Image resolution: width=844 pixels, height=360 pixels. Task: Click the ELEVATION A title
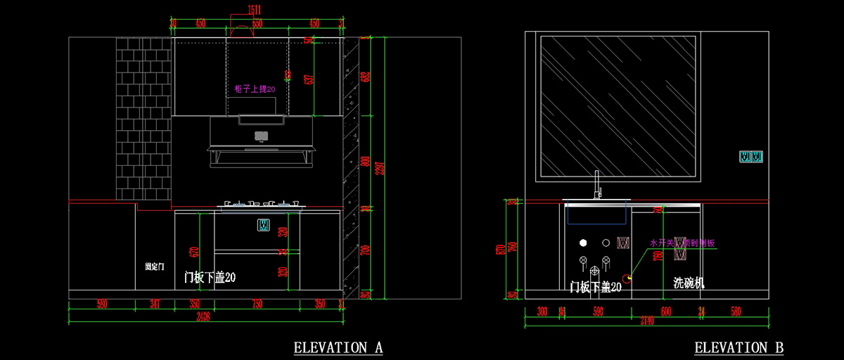click(x=338, y=347)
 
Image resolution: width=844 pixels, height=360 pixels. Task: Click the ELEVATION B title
click(x=739, y=347)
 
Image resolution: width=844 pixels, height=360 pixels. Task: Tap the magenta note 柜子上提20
click(x=255, y=89)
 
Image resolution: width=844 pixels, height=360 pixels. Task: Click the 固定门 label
click(x=154, y=267)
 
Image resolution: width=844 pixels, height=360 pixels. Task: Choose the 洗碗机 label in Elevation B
click(x=689, y=283)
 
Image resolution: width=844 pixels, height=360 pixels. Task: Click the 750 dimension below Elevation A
click(x=257, y=304)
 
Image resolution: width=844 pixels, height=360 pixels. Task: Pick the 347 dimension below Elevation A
click(x=155, y=304)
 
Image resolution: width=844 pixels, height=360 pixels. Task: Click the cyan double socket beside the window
click(x=751, y=156)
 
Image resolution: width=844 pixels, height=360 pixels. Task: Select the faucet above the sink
click(x=598, y=186)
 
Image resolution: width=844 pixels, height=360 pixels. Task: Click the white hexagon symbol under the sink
click(x=583, y=243)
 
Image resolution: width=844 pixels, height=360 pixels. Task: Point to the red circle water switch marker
click(x=628, y=277)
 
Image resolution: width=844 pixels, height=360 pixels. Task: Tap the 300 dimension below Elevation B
click(x=542, y=310)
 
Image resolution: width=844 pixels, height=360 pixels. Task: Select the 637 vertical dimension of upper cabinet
click(x=307, y=79)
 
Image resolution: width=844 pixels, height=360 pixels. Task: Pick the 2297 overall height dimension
click(x=381, y=165)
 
